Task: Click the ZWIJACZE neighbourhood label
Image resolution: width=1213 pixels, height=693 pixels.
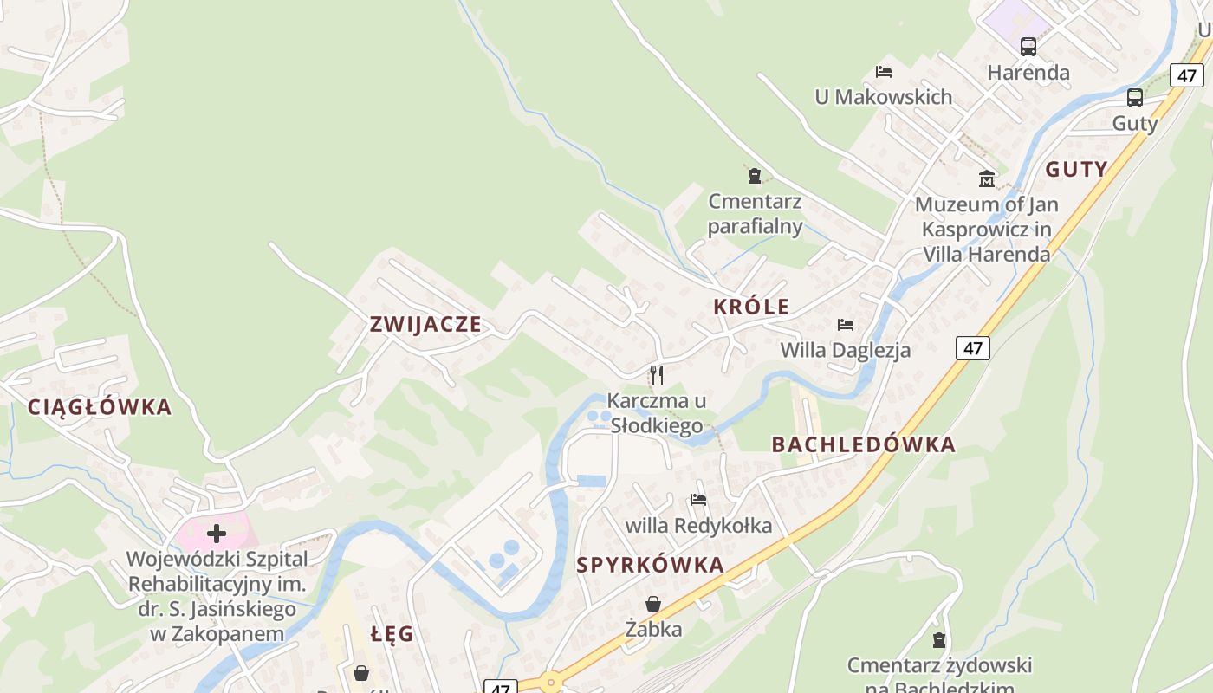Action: [x=425, y=325]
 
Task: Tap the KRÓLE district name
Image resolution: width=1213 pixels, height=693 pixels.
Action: [x=751, y=307]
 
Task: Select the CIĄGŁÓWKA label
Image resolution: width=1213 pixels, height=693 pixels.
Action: [x=100, y=407]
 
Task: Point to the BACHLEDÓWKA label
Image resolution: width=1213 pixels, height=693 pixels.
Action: [x=863, y=445]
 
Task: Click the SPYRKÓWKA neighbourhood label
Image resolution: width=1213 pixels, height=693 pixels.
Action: [x=650, y=566]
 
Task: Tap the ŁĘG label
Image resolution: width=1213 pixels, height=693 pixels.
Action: [x=392, y=634]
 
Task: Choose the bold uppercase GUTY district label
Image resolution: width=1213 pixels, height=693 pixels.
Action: [x=1076, y=170]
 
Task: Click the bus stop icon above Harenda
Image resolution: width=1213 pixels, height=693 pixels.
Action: [x=1028, y=47]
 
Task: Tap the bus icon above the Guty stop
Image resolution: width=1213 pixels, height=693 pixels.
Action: [x=1135, y=98]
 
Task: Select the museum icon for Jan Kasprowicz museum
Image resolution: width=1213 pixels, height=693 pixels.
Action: [x=987, y=179]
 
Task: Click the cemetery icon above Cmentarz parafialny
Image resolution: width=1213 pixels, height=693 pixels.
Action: [x=755, y=176]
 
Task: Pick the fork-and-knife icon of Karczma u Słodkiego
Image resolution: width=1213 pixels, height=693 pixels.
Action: [x=657, y=375]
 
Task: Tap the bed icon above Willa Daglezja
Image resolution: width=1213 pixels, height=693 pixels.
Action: [x=846, y=325]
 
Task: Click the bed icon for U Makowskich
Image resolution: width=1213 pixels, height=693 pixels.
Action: [x=884, y=72]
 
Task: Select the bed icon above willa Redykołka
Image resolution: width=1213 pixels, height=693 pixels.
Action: [x=698, y=500]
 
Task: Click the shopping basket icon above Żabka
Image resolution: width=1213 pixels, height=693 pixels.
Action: [x=653, y=604]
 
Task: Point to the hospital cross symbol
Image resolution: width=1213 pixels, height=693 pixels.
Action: [x=216, y=534]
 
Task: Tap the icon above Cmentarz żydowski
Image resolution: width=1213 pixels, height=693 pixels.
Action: [x=939, y=641]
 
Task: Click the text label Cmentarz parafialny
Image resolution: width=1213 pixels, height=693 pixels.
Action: [x=755, y=214]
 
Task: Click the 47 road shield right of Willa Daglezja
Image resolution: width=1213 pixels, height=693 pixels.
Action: [x=973, y=348]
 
